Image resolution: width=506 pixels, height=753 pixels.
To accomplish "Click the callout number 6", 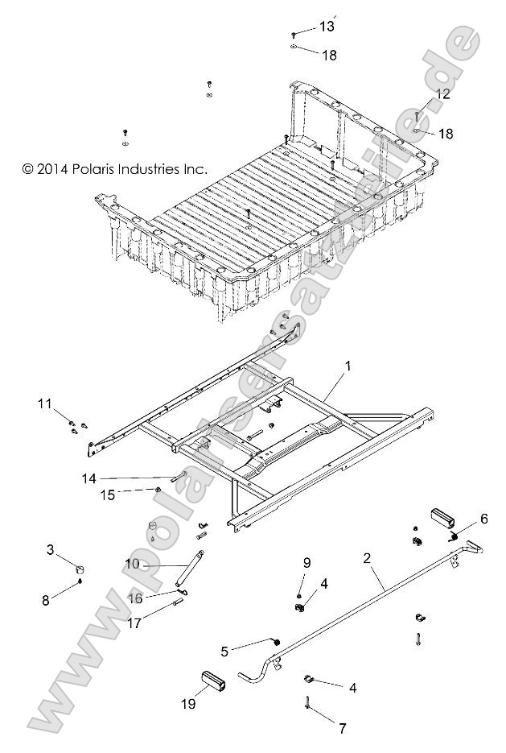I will pyautogui.click(x=484, y=518).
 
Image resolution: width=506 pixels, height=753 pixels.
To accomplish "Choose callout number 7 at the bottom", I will pyautogui.click(x=342, y=729).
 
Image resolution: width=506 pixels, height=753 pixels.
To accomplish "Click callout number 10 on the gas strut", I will pyautogui.click(x=132, y=565).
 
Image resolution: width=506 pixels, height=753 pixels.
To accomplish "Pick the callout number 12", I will pyautogui.click(x=443, y=94).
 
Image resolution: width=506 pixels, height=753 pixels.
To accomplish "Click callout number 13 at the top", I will pyautogui.click(x=326, y=27).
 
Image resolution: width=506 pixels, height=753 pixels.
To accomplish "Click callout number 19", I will pyautogui.click(x=188, y=703).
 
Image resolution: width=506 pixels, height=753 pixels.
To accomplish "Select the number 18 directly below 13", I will pyautogui.click(x=330, y=55).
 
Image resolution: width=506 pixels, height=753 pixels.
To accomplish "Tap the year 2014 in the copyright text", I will pyautogui.click(x=54, y=169).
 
